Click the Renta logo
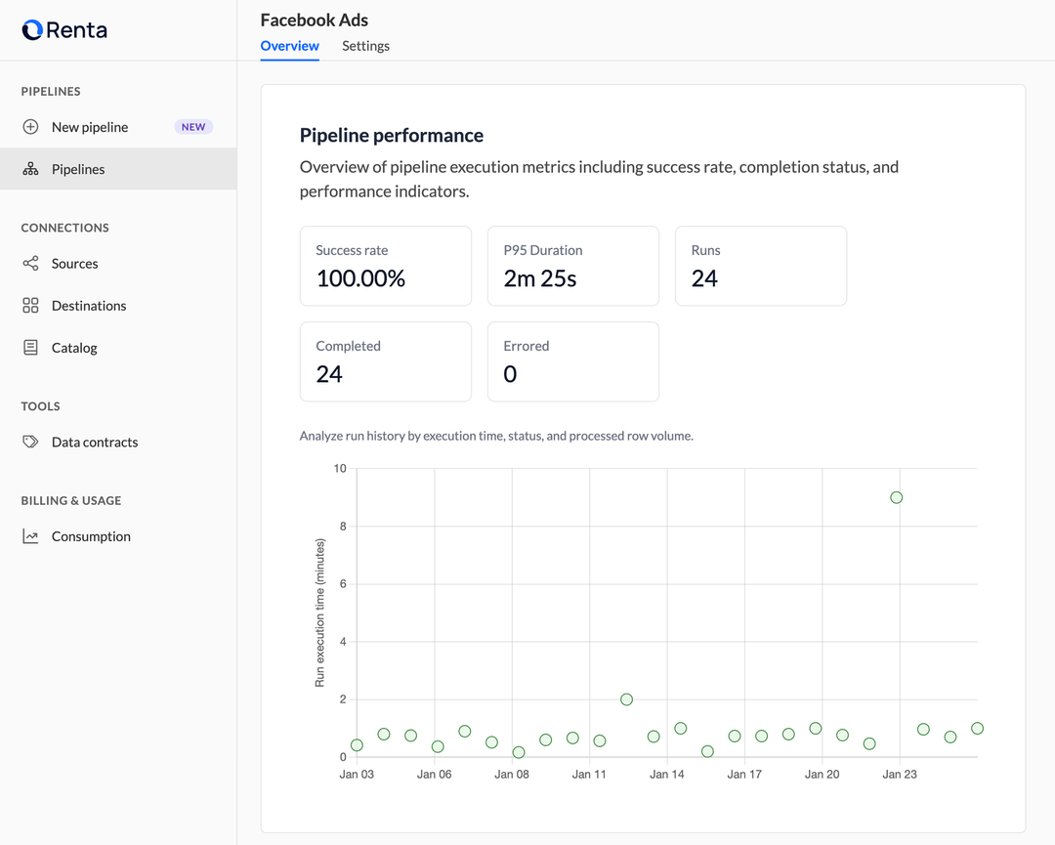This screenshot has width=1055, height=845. pyautogui.click(x=64, y=30)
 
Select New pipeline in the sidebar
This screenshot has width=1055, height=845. pyautogui.click(x=89, y=127)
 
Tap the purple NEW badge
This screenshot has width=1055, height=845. pyautogui.click(x=193, y=127)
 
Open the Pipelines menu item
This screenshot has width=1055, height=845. pyautogui.click(x=78, y=169)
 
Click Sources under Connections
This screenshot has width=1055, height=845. pyautogui.click(x=74, y=264)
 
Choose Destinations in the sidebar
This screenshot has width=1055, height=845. pyautogui.click(x=88, y=306)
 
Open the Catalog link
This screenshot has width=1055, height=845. pyautogui.click(x=74, y=348)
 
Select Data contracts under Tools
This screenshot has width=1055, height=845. pyautogui.click(x=94, y=443)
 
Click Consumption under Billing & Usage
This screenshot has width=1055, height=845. pyautogui.click(x=90, y=536)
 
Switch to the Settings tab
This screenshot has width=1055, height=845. pyautogui.click(x=365, y=46)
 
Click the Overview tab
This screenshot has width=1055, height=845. pyautogui.click(x=289, y=46)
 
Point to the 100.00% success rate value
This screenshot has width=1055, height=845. pyautogui.click(x=360, y=278)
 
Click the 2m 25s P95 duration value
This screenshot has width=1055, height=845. pyautogui.click(x=540, y=278)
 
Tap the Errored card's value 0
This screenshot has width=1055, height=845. pyautogui.click(x=510, y=374)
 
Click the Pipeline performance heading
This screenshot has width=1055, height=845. pyautogui.click(x=391, y=136)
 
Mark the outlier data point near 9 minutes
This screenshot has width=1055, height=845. pyautogui.click(x=897, y=497)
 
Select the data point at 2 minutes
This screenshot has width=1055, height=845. pyautogui.click(x=626, y=699)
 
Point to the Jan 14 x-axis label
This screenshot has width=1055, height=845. pyautogui.click(x=666, y=775)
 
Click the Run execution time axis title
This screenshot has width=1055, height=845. pyautogui.click(x=319, y=613)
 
